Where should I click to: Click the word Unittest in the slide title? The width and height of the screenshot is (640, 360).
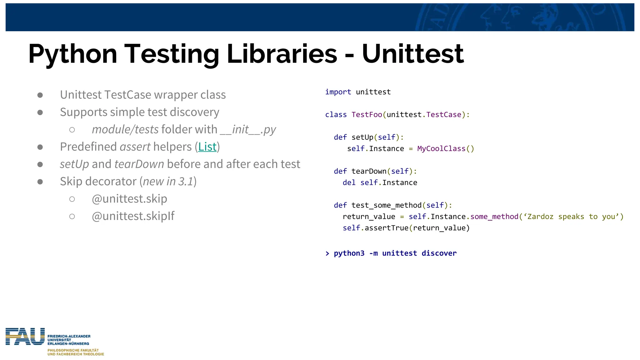[x=412, y=54]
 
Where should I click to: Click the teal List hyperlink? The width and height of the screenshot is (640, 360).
[x=207, y=147]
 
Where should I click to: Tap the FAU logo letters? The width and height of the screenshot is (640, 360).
[x=25, y=337]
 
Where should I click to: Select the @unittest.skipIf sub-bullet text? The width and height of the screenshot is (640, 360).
[x=133, y=216]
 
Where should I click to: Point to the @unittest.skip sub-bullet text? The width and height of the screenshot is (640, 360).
[x=129, y=199]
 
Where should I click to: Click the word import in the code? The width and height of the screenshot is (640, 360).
[x=338, y=92]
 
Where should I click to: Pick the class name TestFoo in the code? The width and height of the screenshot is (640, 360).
[x=367, y=115]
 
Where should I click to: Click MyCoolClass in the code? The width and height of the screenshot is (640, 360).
[x=441, y=149]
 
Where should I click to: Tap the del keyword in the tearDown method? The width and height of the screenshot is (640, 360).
[x=349, y=182]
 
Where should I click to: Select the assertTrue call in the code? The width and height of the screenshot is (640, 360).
[x=387, y=228]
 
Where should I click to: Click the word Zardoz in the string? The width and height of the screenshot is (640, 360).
[x=540, y=217]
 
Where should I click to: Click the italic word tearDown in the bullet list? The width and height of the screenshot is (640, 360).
[x=139, y=164]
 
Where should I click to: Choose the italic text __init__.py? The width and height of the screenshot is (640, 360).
[x=248, y=130]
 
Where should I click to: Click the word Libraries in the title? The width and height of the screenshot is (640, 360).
[x=282, y=54]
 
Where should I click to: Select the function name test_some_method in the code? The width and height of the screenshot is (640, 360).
[x=386, y=205]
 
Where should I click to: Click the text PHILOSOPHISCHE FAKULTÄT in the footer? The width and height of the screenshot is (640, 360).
[x=73, y=350]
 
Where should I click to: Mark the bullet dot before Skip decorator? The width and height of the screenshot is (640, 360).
[x=40, y=182]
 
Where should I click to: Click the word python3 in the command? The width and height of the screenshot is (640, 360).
[x=349, y=253]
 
